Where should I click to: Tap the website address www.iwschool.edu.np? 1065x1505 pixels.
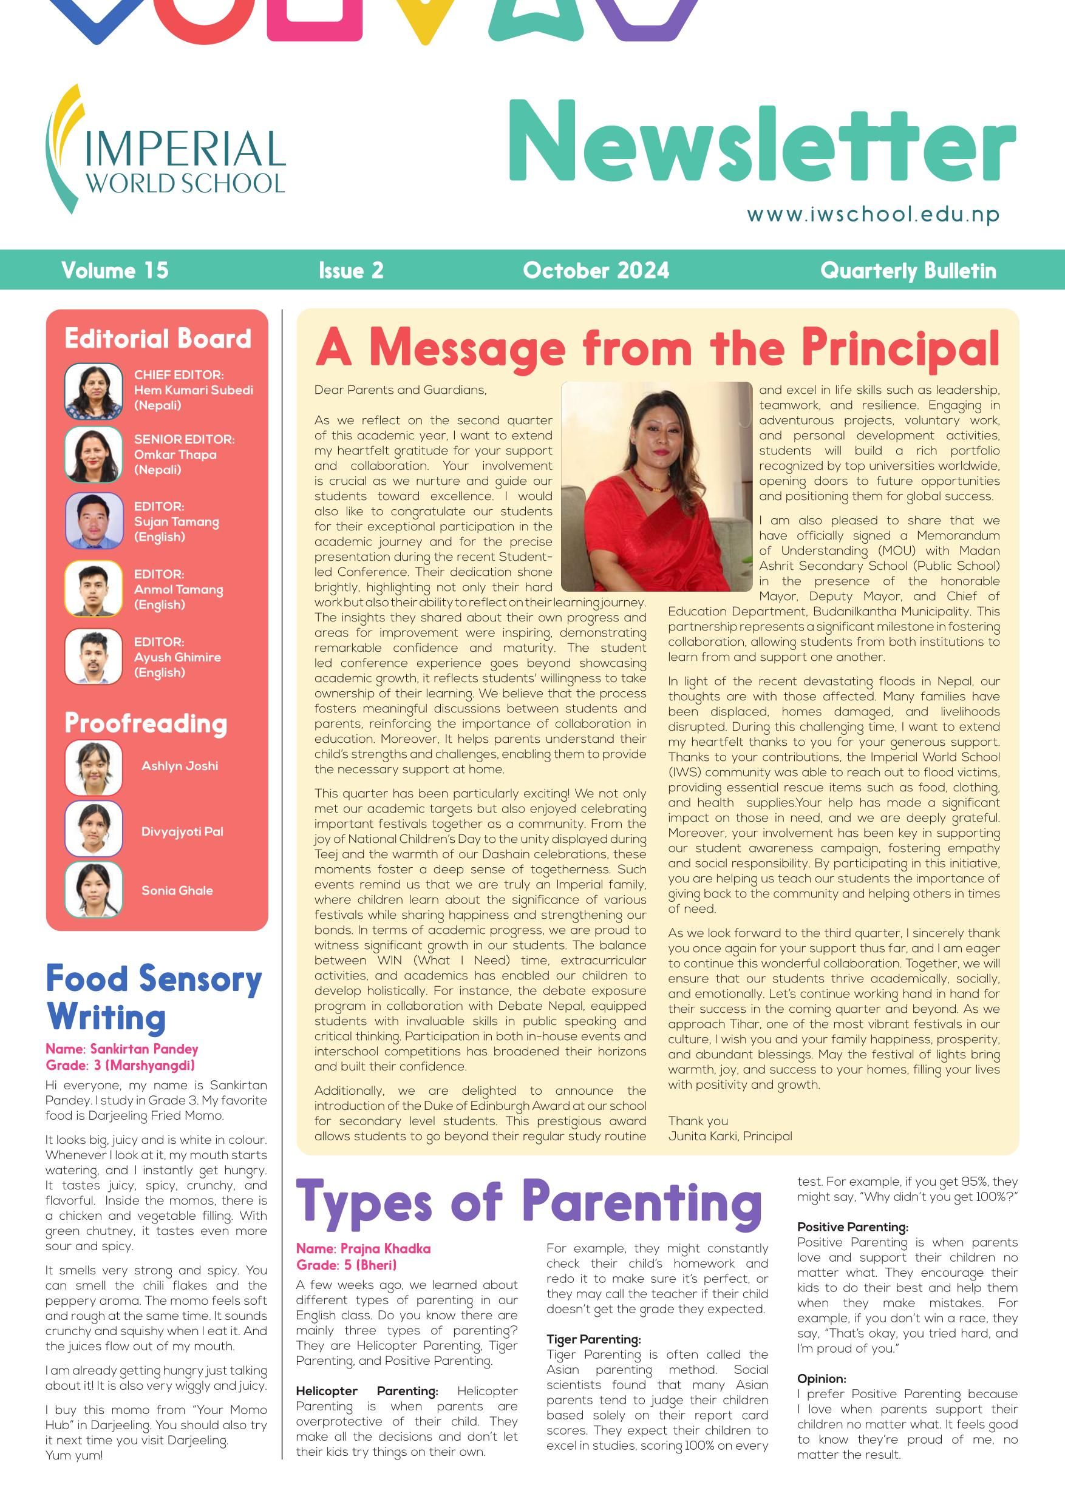(873, 214)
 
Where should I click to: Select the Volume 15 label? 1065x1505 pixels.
(115, 270)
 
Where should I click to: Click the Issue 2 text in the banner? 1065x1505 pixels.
(351, 270)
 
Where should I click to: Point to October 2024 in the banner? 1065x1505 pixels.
(596, 270)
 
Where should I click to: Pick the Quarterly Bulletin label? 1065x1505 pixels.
(908, 270)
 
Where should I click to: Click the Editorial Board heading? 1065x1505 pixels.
(157, 339)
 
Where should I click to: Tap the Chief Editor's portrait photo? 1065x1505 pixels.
(94, 391)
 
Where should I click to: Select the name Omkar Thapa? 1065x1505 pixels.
(175, 455)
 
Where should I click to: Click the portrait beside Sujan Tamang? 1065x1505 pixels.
(94, 521)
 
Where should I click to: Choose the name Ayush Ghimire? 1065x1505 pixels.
(177, 657)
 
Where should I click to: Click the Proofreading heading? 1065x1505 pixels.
(146, 723)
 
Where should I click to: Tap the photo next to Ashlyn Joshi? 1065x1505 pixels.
(94, 768)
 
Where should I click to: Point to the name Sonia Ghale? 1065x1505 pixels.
(177, 890)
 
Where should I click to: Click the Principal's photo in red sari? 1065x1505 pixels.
(656, 486)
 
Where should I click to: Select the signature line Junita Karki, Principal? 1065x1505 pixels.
(730, 1136)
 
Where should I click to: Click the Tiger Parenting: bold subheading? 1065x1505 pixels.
(593, 1339)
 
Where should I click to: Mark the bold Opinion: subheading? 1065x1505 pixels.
(821, 1379)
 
